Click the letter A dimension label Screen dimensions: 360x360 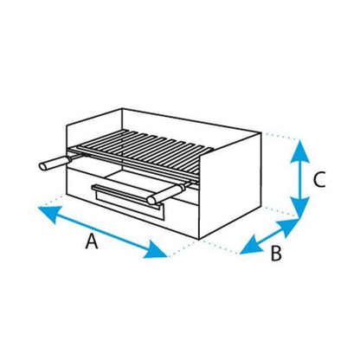click(x=92, y=241)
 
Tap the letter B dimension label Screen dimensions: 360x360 click(x=276, y=254)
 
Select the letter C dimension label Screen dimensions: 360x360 click(x=319, y=180)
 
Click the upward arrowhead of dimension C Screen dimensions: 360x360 click(x=300, y=151)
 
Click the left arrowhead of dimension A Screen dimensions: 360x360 click(x=49, y=213)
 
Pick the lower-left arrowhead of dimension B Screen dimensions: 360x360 click(x=251, y=246)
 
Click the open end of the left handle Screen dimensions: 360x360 click(x=42, y=166)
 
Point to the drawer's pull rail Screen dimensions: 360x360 click(x=127, y=196)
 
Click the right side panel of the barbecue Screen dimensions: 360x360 click(x=230, y=184)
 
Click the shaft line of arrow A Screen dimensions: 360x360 click(x=102, y=231)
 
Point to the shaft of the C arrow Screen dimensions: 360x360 click(x=300, y=180)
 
